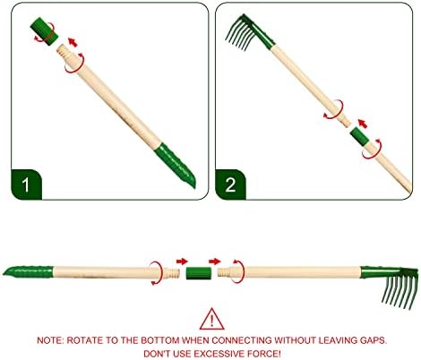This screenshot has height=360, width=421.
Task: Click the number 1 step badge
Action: (26, 184)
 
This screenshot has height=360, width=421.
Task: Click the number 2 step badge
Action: (230, 184)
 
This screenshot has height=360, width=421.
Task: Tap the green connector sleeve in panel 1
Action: (43, 31)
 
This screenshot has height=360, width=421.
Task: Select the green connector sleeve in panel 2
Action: (359, 136)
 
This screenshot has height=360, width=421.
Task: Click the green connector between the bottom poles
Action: (199, 273)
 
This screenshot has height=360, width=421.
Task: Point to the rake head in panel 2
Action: (249, 33)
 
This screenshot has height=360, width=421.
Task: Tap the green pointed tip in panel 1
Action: (176, 164)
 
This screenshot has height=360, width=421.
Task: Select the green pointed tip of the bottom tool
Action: (28, 271)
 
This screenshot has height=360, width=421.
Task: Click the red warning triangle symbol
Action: (211, 319)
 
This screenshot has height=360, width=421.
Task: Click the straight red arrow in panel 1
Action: (73, 42)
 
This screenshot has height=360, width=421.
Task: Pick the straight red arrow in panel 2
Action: (363, 124)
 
